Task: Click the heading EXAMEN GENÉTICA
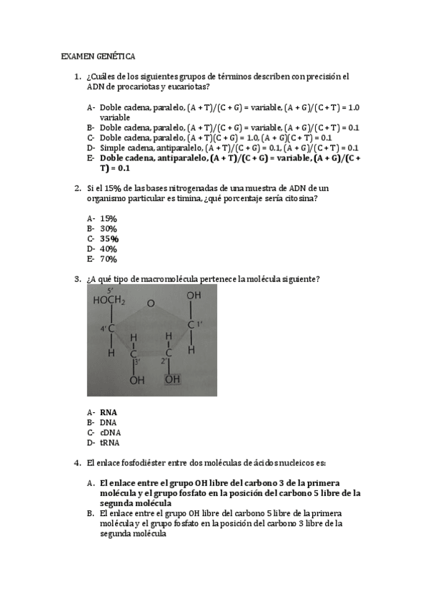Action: click(98, 55)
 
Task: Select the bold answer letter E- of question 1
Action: click(90, 157)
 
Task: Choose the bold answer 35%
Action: click(109, 238)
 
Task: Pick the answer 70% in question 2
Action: click(109, 259)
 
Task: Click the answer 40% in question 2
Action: click(109, 249)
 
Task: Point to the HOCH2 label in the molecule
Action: click(109, 301)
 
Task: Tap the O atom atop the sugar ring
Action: click(150, 303)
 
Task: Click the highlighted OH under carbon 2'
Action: click(172, 379)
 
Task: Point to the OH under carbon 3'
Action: click(136, 380)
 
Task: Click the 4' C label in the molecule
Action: click(107, 328)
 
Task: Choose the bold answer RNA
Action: click(109, 412)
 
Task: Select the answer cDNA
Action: click(110, 432)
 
